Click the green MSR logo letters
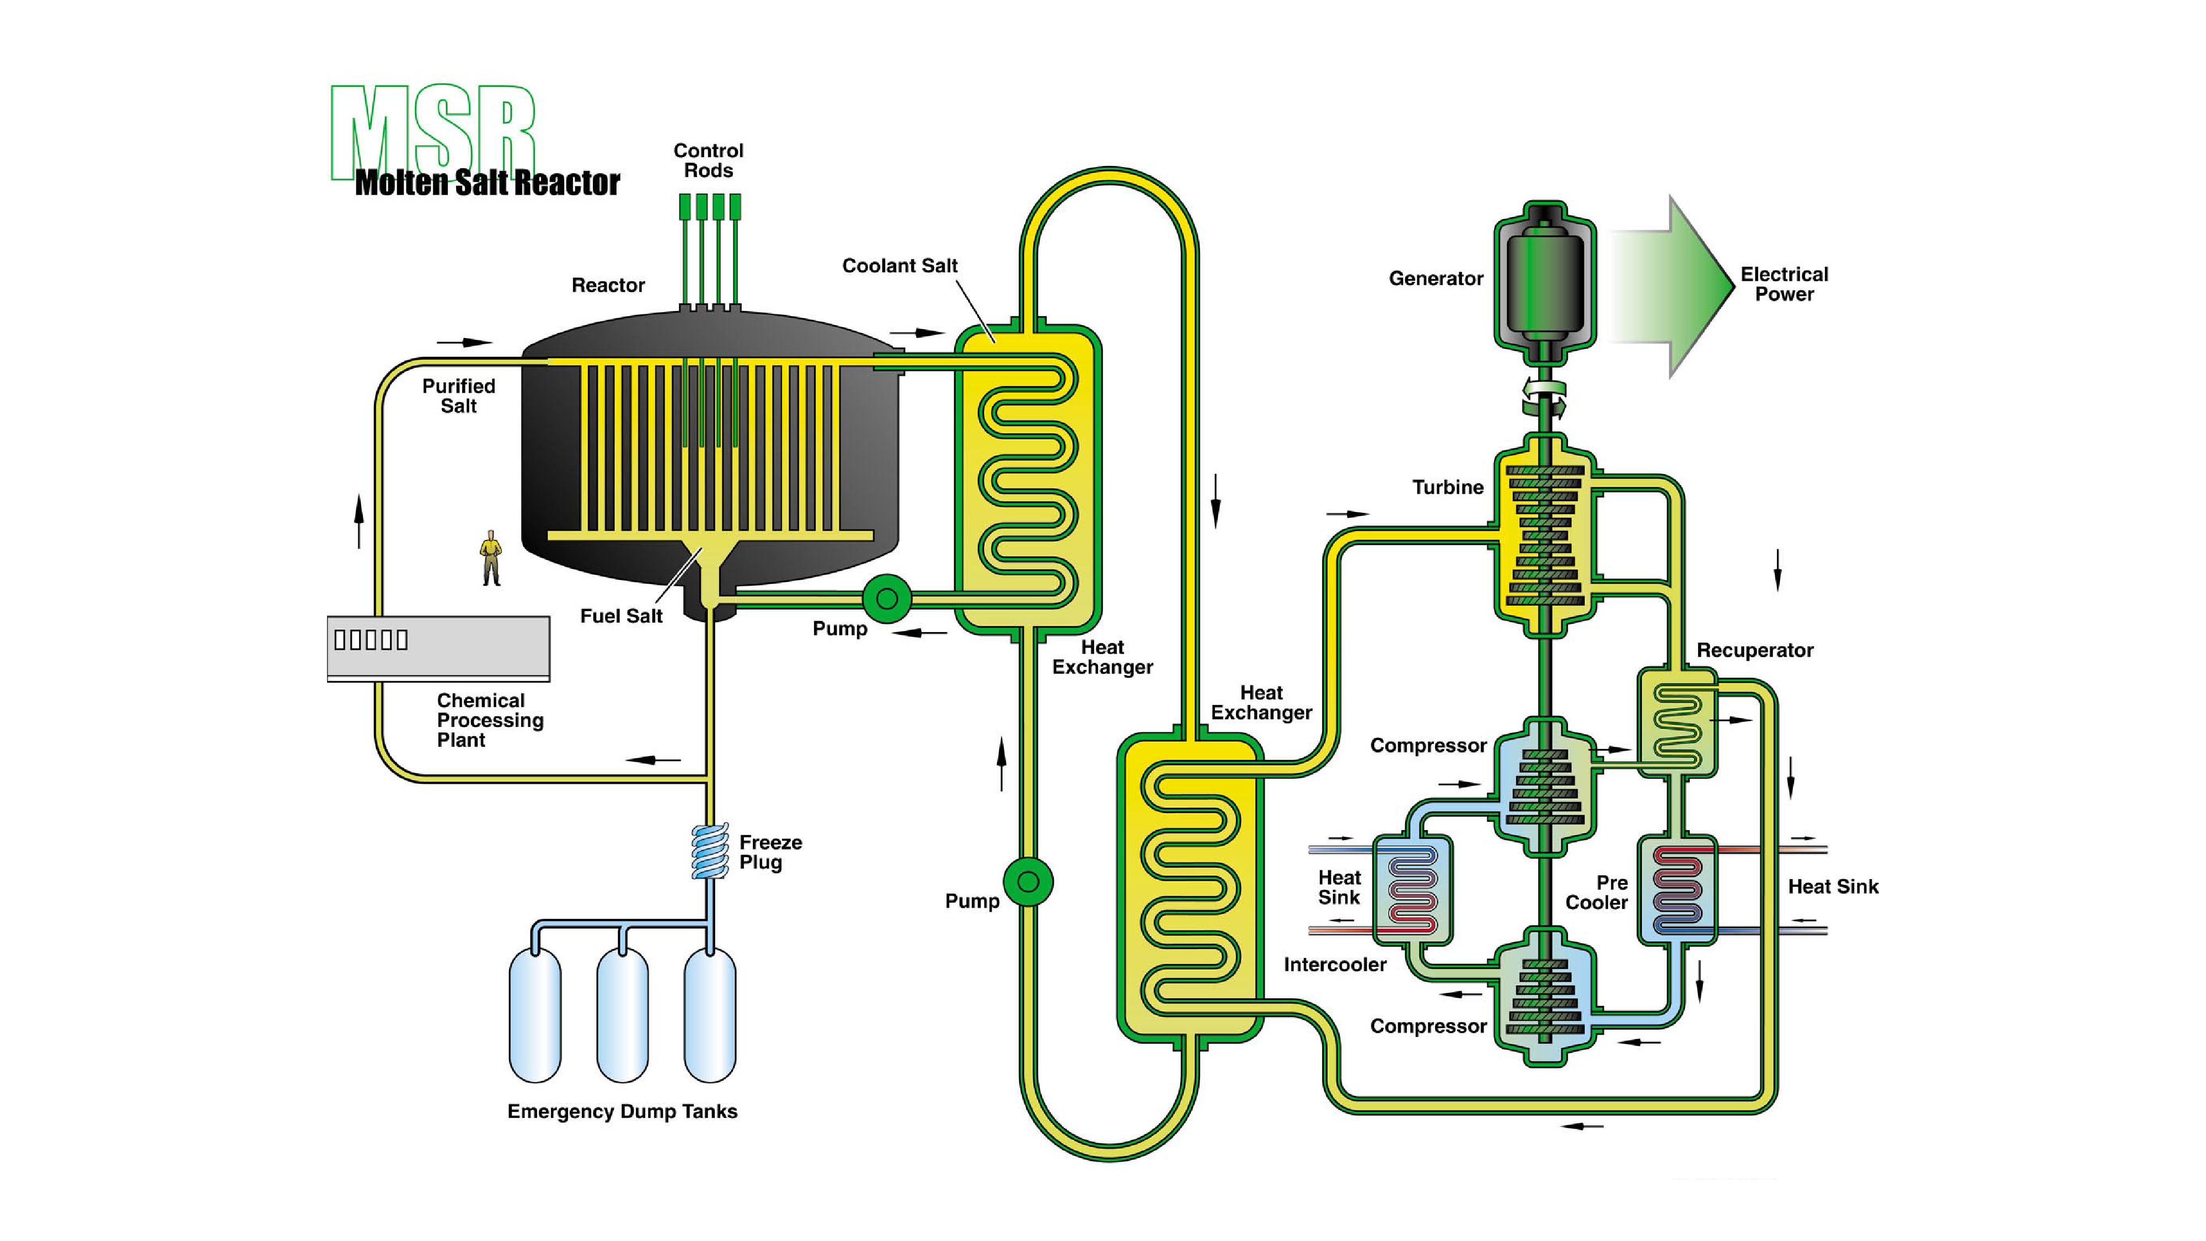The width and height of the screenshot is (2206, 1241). click(x=432, y=129)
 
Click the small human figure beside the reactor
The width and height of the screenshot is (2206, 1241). click(x=491, y=558)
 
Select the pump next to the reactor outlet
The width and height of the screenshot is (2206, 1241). click(x=886, y=598)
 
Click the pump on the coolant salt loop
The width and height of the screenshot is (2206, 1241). click(x=1027, y=881)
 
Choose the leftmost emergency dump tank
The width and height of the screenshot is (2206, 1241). click(x=535, y=1015)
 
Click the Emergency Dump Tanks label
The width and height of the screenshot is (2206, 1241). click(x=622, y=1111)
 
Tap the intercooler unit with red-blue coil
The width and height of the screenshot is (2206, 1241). click(x=1412, y=891)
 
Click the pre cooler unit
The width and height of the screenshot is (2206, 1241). click(x=1677, y=891)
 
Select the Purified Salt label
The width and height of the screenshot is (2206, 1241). click(x=458, y=395)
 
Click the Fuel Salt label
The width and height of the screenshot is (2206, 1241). click(x=621, y=616)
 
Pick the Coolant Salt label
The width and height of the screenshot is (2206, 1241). click(x=899, y=265)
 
